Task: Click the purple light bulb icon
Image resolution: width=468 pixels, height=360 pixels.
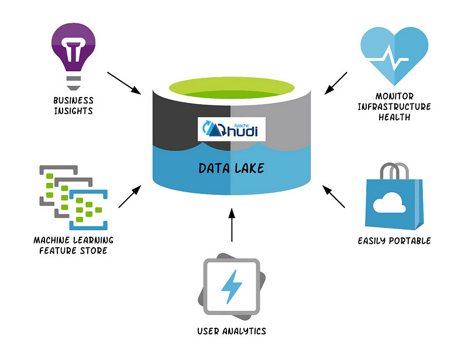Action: [x=73, y=53]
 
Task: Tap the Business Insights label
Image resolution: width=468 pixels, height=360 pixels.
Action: [x=73, y=106]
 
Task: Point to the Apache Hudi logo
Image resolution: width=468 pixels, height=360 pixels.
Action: [x=232, y=128]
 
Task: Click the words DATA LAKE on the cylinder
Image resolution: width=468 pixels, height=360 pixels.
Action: [x=232, y=168]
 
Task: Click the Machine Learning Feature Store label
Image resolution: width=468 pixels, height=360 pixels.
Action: [x=73, y=245]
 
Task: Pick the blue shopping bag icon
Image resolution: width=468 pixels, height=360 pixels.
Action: [x=395, y=202]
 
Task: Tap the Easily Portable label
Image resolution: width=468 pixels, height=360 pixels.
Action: [x=394, y=240]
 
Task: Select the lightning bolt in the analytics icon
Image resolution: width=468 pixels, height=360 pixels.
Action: [x=232, y=286]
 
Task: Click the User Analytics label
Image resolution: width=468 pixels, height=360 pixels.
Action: [x=232, y=331]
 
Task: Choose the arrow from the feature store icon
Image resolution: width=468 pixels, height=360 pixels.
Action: [x=129, y=197]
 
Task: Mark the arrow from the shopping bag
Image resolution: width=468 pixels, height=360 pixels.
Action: [x=334, y=197]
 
